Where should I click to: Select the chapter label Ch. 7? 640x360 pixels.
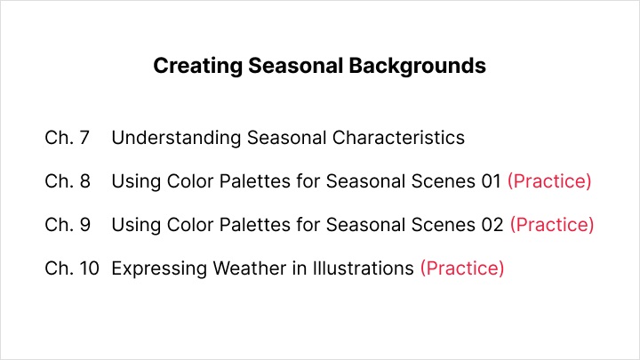(68, 138)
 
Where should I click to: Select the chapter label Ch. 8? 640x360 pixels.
(68, 181)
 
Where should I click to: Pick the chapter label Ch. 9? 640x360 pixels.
(68, 225)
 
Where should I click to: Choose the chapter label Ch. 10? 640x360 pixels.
(72, 268)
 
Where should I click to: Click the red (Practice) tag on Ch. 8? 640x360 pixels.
(549, 181)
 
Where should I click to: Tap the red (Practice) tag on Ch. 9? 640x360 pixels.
(552, 225)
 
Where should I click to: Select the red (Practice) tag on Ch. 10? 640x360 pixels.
(461, 268)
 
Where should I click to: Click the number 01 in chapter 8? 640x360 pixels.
(491, 181)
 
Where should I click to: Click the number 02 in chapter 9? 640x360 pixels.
(492, 225)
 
